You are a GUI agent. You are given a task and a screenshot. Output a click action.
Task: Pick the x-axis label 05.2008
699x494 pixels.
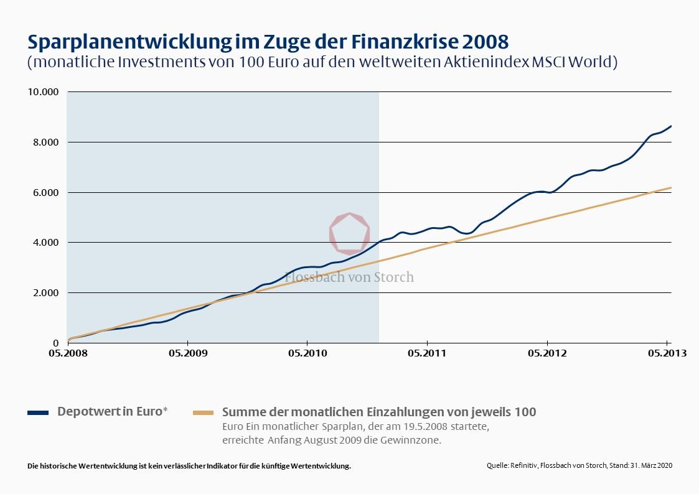pyautogui.click(x=67, y=353)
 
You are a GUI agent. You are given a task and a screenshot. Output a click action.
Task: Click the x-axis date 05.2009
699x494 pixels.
pyautogui.click(x=187, y=353)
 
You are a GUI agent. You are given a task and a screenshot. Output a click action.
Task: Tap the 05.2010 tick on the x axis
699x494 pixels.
pyautogui.click(x=307, y=353)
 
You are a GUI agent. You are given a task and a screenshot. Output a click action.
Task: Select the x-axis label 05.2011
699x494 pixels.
pyautogui.click(x=427, y=353)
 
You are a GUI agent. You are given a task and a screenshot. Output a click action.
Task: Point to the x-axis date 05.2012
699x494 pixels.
pyautogui.click(x=547, y=353)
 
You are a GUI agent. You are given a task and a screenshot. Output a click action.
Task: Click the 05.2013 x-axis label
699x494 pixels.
pyautogui.click(x=667, y=353)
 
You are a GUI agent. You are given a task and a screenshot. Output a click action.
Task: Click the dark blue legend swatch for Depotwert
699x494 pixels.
pyautogui.click(x=38, y=412)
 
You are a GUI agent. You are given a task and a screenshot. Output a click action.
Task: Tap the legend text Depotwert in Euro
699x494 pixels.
pyautogui.click(x=112, y=412)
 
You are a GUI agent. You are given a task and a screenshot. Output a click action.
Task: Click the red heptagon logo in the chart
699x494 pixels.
pyautogui.click(x=349, y=232)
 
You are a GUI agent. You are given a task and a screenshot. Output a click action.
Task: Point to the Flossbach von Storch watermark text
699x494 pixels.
pyautogui.click(x=349, y=277)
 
